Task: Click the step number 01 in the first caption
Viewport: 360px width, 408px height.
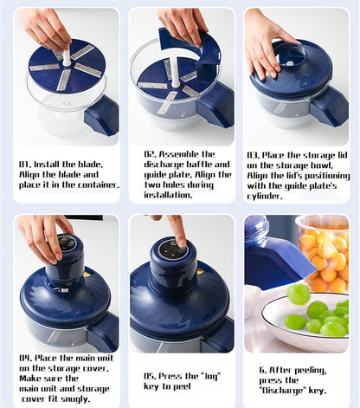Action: click(25, 165)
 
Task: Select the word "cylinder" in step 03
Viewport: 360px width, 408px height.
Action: click(265, 197)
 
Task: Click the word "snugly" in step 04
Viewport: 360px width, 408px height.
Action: click(74, 399)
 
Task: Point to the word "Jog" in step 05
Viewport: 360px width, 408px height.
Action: click(212, 377)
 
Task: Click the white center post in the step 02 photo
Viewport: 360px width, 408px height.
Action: click(175, 72)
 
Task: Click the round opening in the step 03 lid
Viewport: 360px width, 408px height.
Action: click(291, 55)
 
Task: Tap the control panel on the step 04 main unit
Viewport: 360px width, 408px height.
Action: click(67, 243)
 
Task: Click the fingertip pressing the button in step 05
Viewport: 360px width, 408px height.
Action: click(182, 243)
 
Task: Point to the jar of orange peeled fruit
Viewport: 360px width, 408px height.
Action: click(323, 254)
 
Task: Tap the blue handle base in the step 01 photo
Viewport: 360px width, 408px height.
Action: click(101, 115)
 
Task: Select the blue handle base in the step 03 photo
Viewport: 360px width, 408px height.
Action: click(330, 107)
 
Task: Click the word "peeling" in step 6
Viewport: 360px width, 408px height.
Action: click(311, 371)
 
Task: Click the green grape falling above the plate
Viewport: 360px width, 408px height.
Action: click(299, 295)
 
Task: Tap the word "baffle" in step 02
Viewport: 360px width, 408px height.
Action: click(199, 165)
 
